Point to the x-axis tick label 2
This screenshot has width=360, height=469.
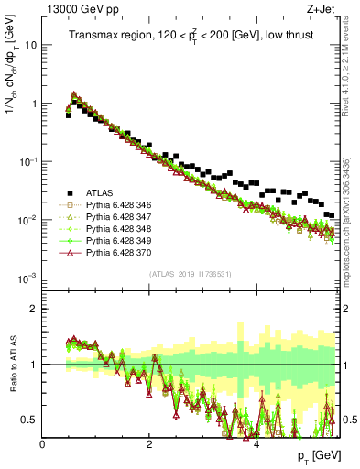tap(149, 444)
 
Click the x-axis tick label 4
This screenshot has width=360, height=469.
tap(256, 444)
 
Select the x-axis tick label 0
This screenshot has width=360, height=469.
tap(42, 444)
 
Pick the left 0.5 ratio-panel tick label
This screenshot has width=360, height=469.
tap(30, 420)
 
